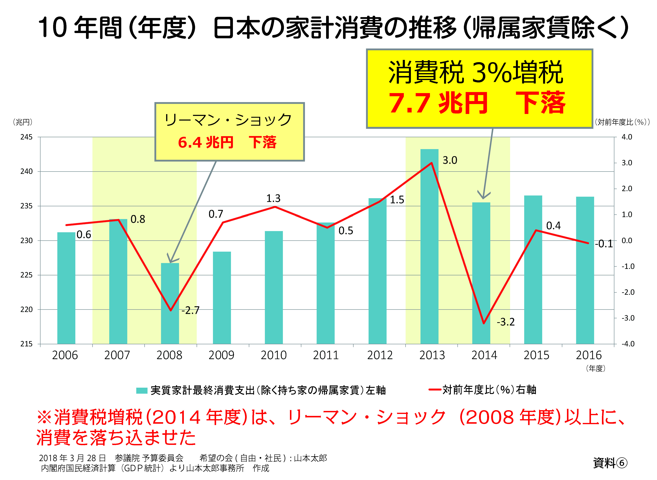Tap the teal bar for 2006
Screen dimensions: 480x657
pos(66,288)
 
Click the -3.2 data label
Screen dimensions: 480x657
pos(505,322)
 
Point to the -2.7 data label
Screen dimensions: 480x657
pos(191,310)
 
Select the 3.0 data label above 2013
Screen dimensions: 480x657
pos(450,160)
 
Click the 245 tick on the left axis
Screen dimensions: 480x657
pos(26,137)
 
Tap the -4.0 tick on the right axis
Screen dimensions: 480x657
pos(628,344)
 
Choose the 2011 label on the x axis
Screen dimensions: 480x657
pos(326,355)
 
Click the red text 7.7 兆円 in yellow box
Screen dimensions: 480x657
pos(438,103)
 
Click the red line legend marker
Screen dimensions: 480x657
pos(435,390)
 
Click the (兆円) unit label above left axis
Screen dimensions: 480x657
pos(23,122)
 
